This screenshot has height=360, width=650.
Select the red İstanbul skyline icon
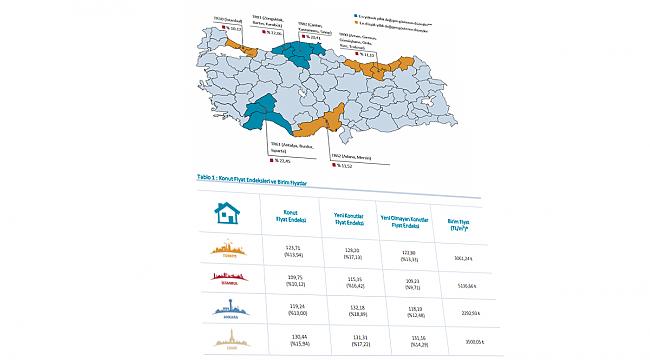click(226, 279)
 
